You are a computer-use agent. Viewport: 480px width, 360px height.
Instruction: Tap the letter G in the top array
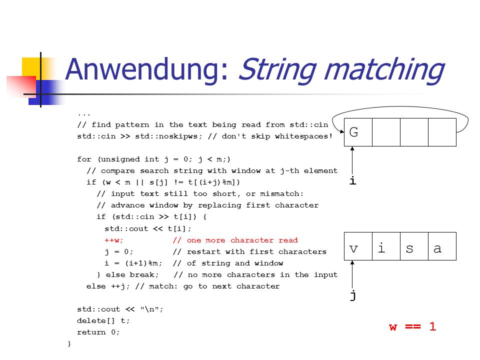353,132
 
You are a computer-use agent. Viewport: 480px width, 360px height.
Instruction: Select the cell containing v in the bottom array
358,246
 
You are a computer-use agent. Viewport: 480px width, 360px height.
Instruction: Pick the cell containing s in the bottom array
414,246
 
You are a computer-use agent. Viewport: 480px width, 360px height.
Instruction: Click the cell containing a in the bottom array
442,246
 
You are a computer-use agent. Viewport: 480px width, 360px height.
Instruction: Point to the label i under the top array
353,180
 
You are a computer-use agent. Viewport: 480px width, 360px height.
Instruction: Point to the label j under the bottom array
353,295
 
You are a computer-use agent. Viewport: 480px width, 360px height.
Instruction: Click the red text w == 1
412,326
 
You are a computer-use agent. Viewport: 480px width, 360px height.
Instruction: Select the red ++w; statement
114,240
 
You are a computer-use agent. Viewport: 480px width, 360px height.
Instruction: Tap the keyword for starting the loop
84,159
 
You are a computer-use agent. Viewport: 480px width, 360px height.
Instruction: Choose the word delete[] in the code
96,320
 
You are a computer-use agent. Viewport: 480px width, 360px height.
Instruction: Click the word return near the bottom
91,332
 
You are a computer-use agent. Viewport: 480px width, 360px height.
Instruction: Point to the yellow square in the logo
31,67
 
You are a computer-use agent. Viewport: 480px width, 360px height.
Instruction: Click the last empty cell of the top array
442,132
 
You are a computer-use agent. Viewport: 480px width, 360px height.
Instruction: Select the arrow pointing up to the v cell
352,274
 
